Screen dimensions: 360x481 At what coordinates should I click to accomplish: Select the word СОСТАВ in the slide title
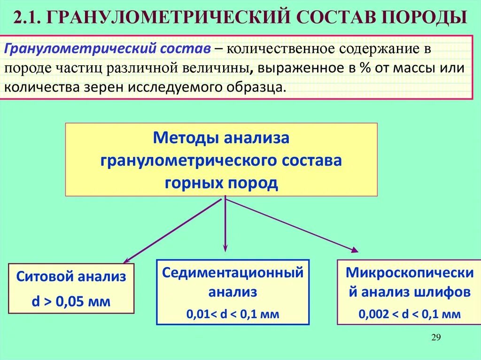tap(334, 18)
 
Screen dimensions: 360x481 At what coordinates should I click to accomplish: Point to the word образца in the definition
tap(261, 87)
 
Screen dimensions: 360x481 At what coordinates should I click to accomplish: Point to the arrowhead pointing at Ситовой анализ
tap(126, 260)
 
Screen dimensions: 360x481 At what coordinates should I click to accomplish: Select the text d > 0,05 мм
tap(71, 301)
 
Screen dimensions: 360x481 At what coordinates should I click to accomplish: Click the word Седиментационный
tap(233, 272)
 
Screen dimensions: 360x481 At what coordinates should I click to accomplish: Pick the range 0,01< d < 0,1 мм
tap(233, 314)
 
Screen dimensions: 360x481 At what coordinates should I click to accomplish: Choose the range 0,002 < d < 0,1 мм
tap(410, 314)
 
